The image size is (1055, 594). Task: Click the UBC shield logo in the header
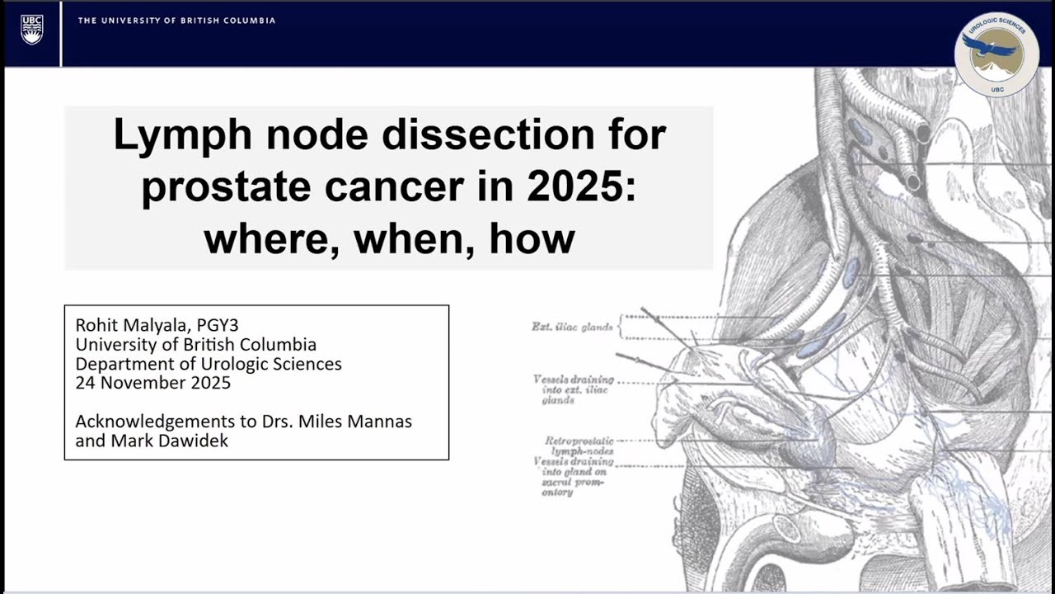pos(32,30)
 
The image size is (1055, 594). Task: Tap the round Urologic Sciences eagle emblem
pos(996,54)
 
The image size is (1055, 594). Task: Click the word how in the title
pos(532,238)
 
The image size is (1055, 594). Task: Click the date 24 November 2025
pos(152,383)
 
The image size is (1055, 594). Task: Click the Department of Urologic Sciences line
pos(208,364)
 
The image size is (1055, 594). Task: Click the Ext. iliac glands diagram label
pos(572,327)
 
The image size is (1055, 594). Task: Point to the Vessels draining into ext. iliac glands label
pos(573,389)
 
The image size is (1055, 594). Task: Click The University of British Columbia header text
pos(176,21)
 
